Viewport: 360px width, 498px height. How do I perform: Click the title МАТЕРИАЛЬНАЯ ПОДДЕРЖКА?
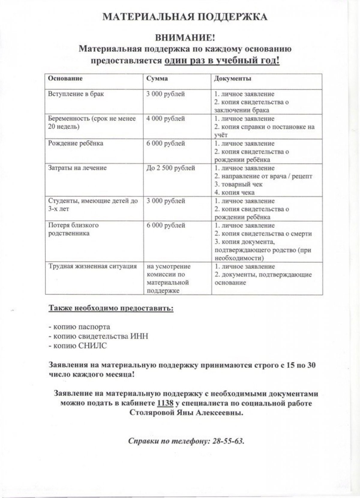point(185,17)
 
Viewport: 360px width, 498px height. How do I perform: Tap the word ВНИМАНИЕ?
point(185,38)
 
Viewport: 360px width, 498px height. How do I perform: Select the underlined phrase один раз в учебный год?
point(222,61)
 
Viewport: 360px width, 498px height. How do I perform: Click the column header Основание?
point(65,79)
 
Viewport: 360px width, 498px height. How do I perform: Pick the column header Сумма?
point(157,79)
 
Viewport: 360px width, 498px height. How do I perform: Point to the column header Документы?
point(232,79)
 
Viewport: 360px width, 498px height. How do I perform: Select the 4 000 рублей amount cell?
point(166,119)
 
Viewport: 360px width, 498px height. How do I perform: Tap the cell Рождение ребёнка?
point(76,143)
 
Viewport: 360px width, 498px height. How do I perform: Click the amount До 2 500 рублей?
point(171,168)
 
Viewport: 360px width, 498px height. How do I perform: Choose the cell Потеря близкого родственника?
point(73,229)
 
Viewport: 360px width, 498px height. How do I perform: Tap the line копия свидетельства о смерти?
point(263,234)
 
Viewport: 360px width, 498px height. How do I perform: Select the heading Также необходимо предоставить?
point(111,308)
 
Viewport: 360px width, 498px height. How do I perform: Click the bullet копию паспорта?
point(79,326)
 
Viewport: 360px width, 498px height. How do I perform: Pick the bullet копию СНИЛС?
point(77,346)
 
